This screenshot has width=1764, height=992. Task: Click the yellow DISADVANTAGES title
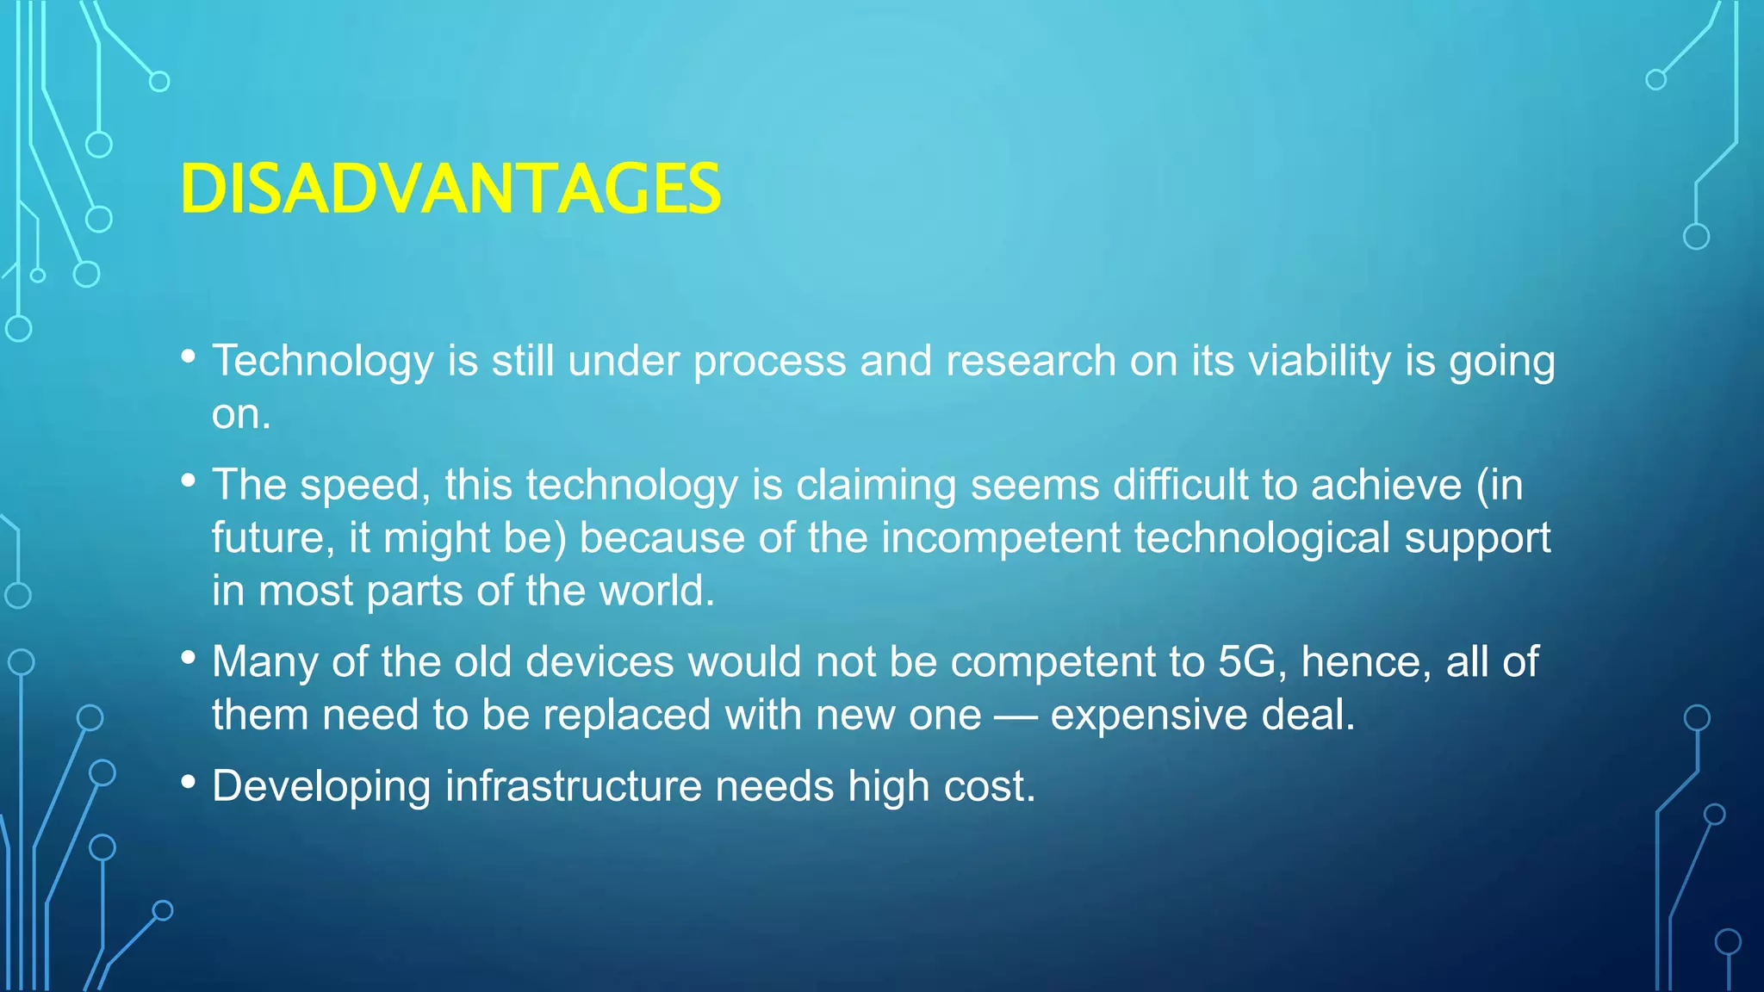click(x=450, y=189)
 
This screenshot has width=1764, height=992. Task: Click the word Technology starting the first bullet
click(x=322, y=361)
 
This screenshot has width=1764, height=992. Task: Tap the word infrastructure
click(x=573, y=787)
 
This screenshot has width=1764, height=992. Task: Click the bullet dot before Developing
click(x=189, y=782)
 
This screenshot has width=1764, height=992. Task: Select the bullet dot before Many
click(x=189, y=658)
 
